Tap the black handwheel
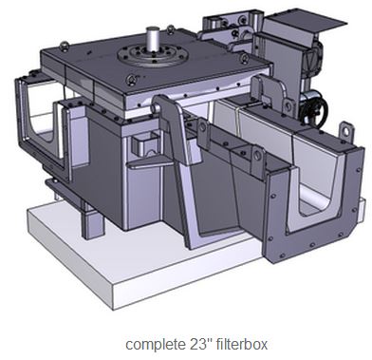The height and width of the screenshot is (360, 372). (x=313, y=111)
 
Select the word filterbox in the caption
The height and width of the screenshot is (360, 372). (x=242, y=344)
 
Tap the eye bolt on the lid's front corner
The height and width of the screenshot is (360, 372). (x=131, y=80)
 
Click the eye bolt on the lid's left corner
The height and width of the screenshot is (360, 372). (x=65, y=47)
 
